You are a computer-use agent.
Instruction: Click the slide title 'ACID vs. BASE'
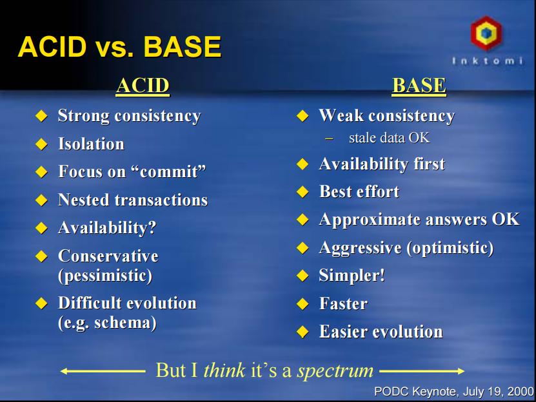point(119,47)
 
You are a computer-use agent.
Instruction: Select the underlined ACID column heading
point(143,86)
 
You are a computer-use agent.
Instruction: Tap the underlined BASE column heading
point(419,86)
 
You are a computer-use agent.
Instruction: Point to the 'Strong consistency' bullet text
point(129,116)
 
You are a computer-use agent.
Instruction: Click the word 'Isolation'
point(91,144)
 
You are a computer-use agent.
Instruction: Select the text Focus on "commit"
point(132,171)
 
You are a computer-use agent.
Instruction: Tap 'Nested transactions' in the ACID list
point(132,200)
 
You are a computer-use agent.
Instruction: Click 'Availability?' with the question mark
point(107,227)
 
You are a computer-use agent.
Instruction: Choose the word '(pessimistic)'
point(105,276)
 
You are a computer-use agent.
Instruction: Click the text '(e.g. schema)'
point(107,322)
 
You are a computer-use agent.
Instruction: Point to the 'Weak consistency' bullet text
point(386,116)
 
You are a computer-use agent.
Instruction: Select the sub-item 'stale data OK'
point(389,138)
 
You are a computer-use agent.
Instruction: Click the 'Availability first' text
point(382,164)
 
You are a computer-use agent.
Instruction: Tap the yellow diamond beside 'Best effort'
point(303,192)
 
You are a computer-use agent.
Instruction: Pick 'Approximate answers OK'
point(419,219)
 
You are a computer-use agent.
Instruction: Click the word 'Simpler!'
point(352,276)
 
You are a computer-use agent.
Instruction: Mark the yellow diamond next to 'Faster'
point(303,304)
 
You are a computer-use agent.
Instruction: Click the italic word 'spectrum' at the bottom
point(335,370)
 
